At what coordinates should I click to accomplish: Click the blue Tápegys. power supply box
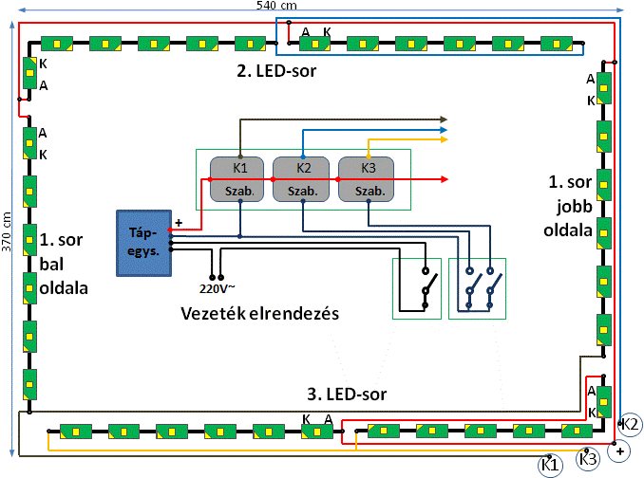click(x=143, y=242)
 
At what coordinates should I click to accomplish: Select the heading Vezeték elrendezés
click(x=261, y=314)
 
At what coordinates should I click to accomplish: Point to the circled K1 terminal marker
click(x=549, y=465)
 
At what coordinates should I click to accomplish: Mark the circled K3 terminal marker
click(x=588, y=460)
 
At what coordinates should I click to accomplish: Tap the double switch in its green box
click(x=478, y=287)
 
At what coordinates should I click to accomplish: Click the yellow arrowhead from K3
click(x=444, y=141)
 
